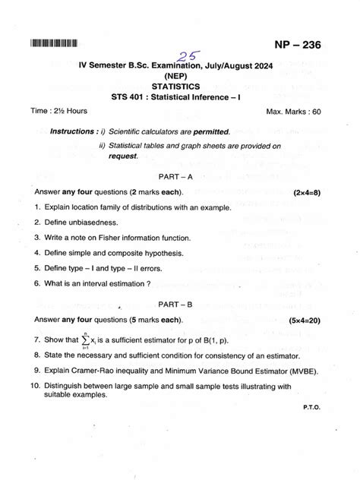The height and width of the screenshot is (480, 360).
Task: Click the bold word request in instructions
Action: tap(123, 156)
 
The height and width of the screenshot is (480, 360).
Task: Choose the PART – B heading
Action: tap(178, 304)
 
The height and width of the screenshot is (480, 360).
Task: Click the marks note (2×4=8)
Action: tap(306, 193)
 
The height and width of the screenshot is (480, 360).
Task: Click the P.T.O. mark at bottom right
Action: tap(311, 408)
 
